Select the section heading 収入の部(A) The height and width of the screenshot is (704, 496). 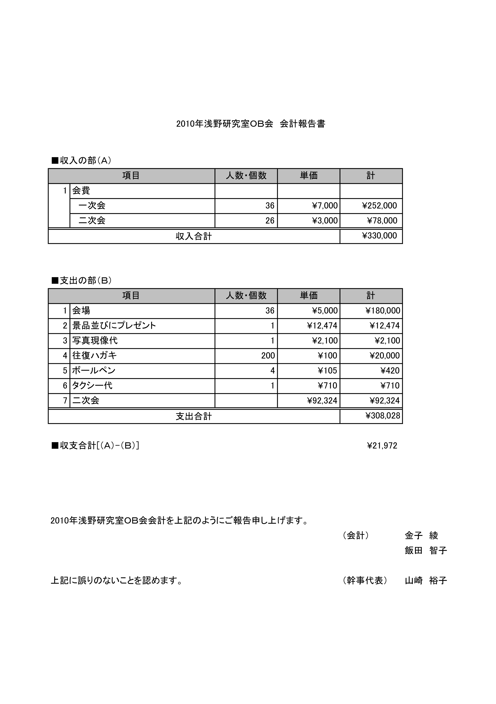tap(82, 160)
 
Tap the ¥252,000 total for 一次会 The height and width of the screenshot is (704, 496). tap(380, 206)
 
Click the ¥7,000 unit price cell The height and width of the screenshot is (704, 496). tap(325, 206)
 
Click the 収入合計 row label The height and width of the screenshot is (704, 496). tap(194, 236)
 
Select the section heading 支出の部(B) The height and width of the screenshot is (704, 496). tap(82, 281)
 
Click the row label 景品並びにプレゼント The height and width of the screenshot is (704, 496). tap(114, 326)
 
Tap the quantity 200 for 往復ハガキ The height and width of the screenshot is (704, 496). tap(268, 356)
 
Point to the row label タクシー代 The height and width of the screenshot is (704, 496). tap(92, 385)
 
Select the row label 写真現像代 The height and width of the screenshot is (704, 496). tap(95, 341)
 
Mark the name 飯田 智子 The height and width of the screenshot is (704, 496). tap(426, 551)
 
